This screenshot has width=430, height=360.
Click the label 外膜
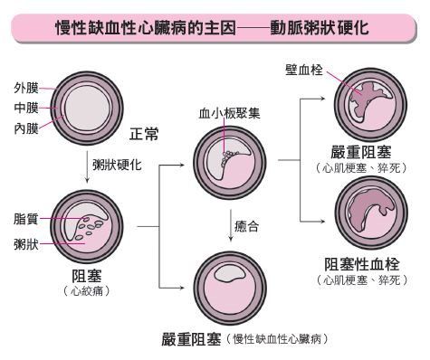[x=26, y=88]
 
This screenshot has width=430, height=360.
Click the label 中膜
[x=26, y=108]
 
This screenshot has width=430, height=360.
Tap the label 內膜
[x=26, y=128]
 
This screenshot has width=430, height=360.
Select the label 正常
[x=144, y=134]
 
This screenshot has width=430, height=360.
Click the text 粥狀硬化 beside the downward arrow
[x=117, y=165]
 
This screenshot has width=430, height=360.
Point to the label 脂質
[x=26, y=219]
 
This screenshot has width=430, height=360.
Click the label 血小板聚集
[x=229, y=113]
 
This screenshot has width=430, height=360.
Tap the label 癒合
[x=247, y=226]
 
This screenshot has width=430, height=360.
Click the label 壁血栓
[x=304, y=70]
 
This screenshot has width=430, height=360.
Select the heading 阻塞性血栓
[x=362, y=264]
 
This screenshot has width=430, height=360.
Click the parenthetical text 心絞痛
[x=87, y=291]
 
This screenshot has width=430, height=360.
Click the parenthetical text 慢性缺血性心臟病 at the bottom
[x=277, y=339]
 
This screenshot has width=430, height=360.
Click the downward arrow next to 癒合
[x=231, y=225]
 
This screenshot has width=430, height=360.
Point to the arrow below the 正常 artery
[x=87, y=167]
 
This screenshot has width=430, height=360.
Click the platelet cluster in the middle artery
[x=228, y=157]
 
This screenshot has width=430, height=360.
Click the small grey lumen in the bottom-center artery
[x=229, y=273]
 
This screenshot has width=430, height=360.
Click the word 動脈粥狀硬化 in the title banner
[x=320, y=28]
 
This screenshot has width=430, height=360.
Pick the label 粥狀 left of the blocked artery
[x=26, y=244]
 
